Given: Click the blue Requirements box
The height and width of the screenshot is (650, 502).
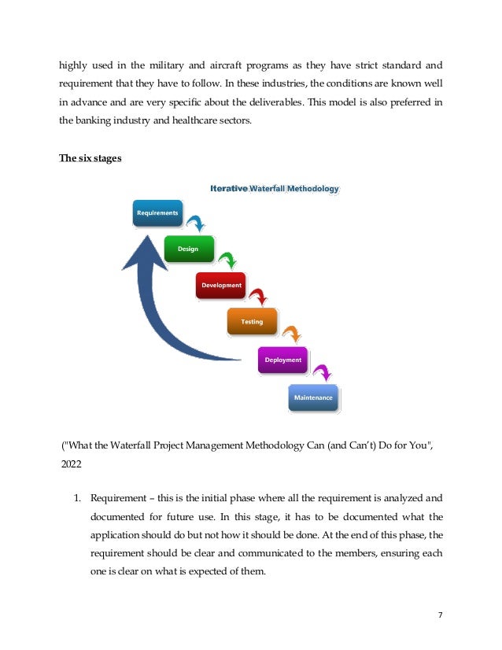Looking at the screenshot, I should (x=157, y=213).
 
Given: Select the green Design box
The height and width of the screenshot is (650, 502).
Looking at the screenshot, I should (x=188, y=249).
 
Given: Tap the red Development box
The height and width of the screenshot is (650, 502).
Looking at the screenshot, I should (x=220, y=285).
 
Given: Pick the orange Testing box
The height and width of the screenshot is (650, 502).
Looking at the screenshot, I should (x=252, y=321).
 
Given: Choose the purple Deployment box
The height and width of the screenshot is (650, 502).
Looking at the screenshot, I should (x=283, y=360).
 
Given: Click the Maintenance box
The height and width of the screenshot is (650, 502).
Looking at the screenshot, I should (x=313, y=397).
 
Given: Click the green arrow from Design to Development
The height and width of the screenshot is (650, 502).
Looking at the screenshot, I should (x=227, y=260).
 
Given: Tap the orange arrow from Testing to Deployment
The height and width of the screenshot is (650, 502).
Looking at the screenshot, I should (x=290, y=334).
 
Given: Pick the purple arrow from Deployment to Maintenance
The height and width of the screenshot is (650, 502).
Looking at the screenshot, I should (x=321, y=371).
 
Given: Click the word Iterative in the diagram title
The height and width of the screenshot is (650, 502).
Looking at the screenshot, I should (x=229, y=188).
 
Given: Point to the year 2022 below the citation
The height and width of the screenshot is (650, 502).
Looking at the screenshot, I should (x=72, y=465).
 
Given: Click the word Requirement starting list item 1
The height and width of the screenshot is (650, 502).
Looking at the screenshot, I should (x=116, y=498).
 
